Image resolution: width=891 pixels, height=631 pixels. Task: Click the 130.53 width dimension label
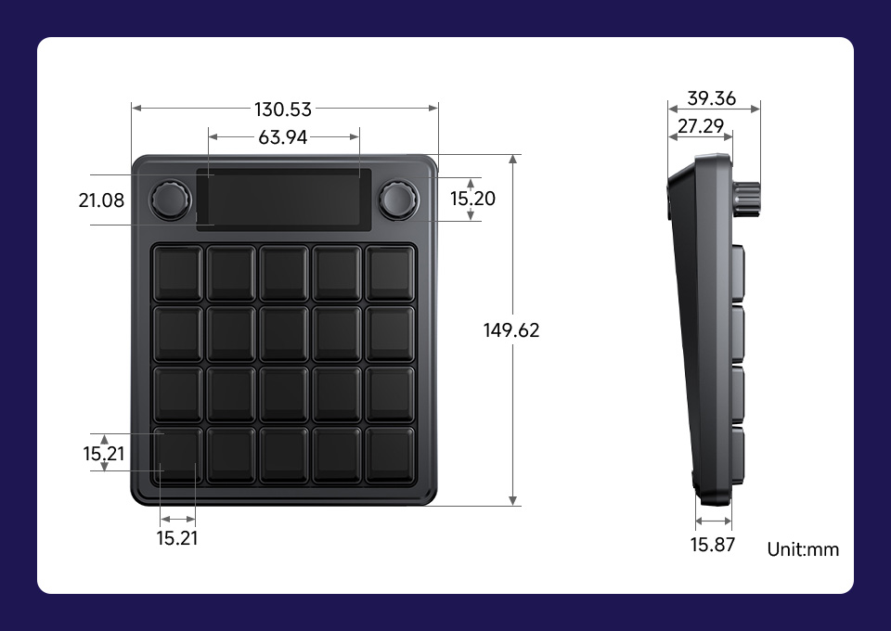[x=283, y=109]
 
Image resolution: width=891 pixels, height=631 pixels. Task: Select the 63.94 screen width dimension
[x=283, y=137]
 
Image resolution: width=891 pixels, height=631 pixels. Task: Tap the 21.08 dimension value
[x=101, y=200]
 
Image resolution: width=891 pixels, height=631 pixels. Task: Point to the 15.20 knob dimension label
[x=472, y=199]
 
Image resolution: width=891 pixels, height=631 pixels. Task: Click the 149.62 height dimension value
[x=511, y=330]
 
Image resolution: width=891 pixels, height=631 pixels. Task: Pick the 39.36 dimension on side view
[x=712, y=98]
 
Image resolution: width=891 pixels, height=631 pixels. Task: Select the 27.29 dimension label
[x=701, y=126]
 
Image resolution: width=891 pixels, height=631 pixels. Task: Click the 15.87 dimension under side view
[x=712, y=545]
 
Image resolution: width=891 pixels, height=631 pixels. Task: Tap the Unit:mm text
[x=803, y=549]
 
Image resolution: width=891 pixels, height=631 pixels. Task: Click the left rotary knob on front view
[x=172, y=200]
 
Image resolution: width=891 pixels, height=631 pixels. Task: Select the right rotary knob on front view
[x=397, y=199]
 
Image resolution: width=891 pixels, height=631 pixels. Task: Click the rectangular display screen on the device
[x=283, y=199]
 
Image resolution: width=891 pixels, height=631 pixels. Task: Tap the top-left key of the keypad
[x=177, y=274]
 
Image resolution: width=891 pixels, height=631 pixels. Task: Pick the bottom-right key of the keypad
[x=390, y=455]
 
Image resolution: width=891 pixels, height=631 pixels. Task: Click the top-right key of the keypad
[x=390, y=274]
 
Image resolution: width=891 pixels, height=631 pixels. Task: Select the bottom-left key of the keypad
[x=177, y=455]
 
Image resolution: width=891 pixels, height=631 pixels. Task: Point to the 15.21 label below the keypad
[x=176, y=538]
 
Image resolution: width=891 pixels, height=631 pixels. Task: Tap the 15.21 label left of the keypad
[x=103, y=454]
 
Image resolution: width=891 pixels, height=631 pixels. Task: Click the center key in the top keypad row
[x=283, y=274]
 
